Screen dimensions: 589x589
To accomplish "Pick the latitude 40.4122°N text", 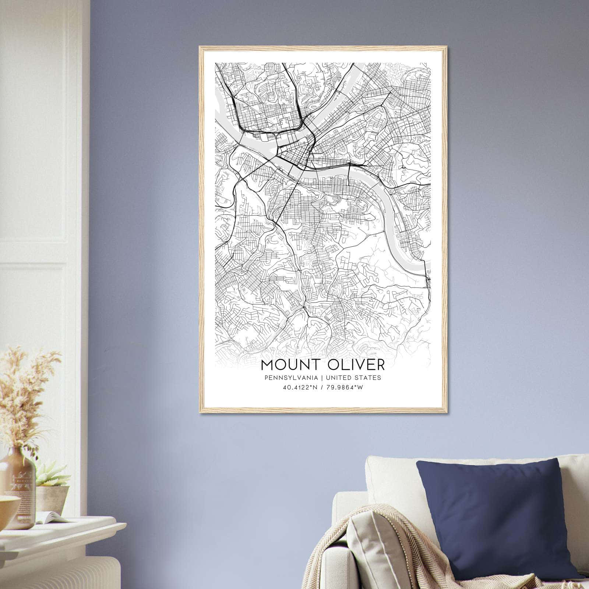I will click(x=299, y=387).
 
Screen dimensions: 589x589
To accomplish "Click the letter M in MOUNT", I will click(x=267, y=364).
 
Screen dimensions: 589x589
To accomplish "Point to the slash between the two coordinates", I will click(x=322, y=387).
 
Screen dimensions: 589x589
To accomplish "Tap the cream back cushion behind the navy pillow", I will click(x=390, y=479).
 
